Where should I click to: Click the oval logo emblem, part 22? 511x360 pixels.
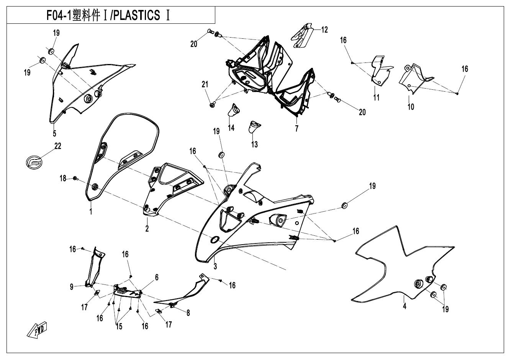pos(34,162)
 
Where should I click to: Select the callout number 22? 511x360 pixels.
pos(58,146)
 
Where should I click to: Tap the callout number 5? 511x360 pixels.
pos(54,133)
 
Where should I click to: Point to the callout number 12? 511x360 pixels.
pos(324,30)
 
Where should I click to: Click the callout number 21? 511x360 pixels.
pos(205,84)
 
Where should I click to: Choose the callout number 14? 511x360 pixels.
pos(231,128)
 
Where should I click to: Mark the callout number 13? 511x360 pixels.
pos(254,144)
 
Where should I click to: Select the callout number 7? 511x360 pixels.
pos(296,128)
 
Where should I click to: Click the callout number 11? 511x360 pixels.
pos(376,97)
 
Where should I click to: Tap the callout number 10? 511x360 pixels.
pos(411,107)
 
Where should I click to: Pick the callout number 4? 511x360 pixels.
pos(405,306)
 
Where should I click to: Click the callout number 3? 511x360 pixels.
pos(215,266)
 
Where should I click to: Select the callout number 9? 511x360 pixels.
pos(72,287)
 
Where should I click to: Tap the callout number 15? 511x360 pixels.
pos(119,326)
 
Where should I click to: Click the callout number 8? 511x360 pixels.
pos(188,313)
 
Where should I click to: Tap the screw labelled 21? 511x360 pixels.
pos(212,105)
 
